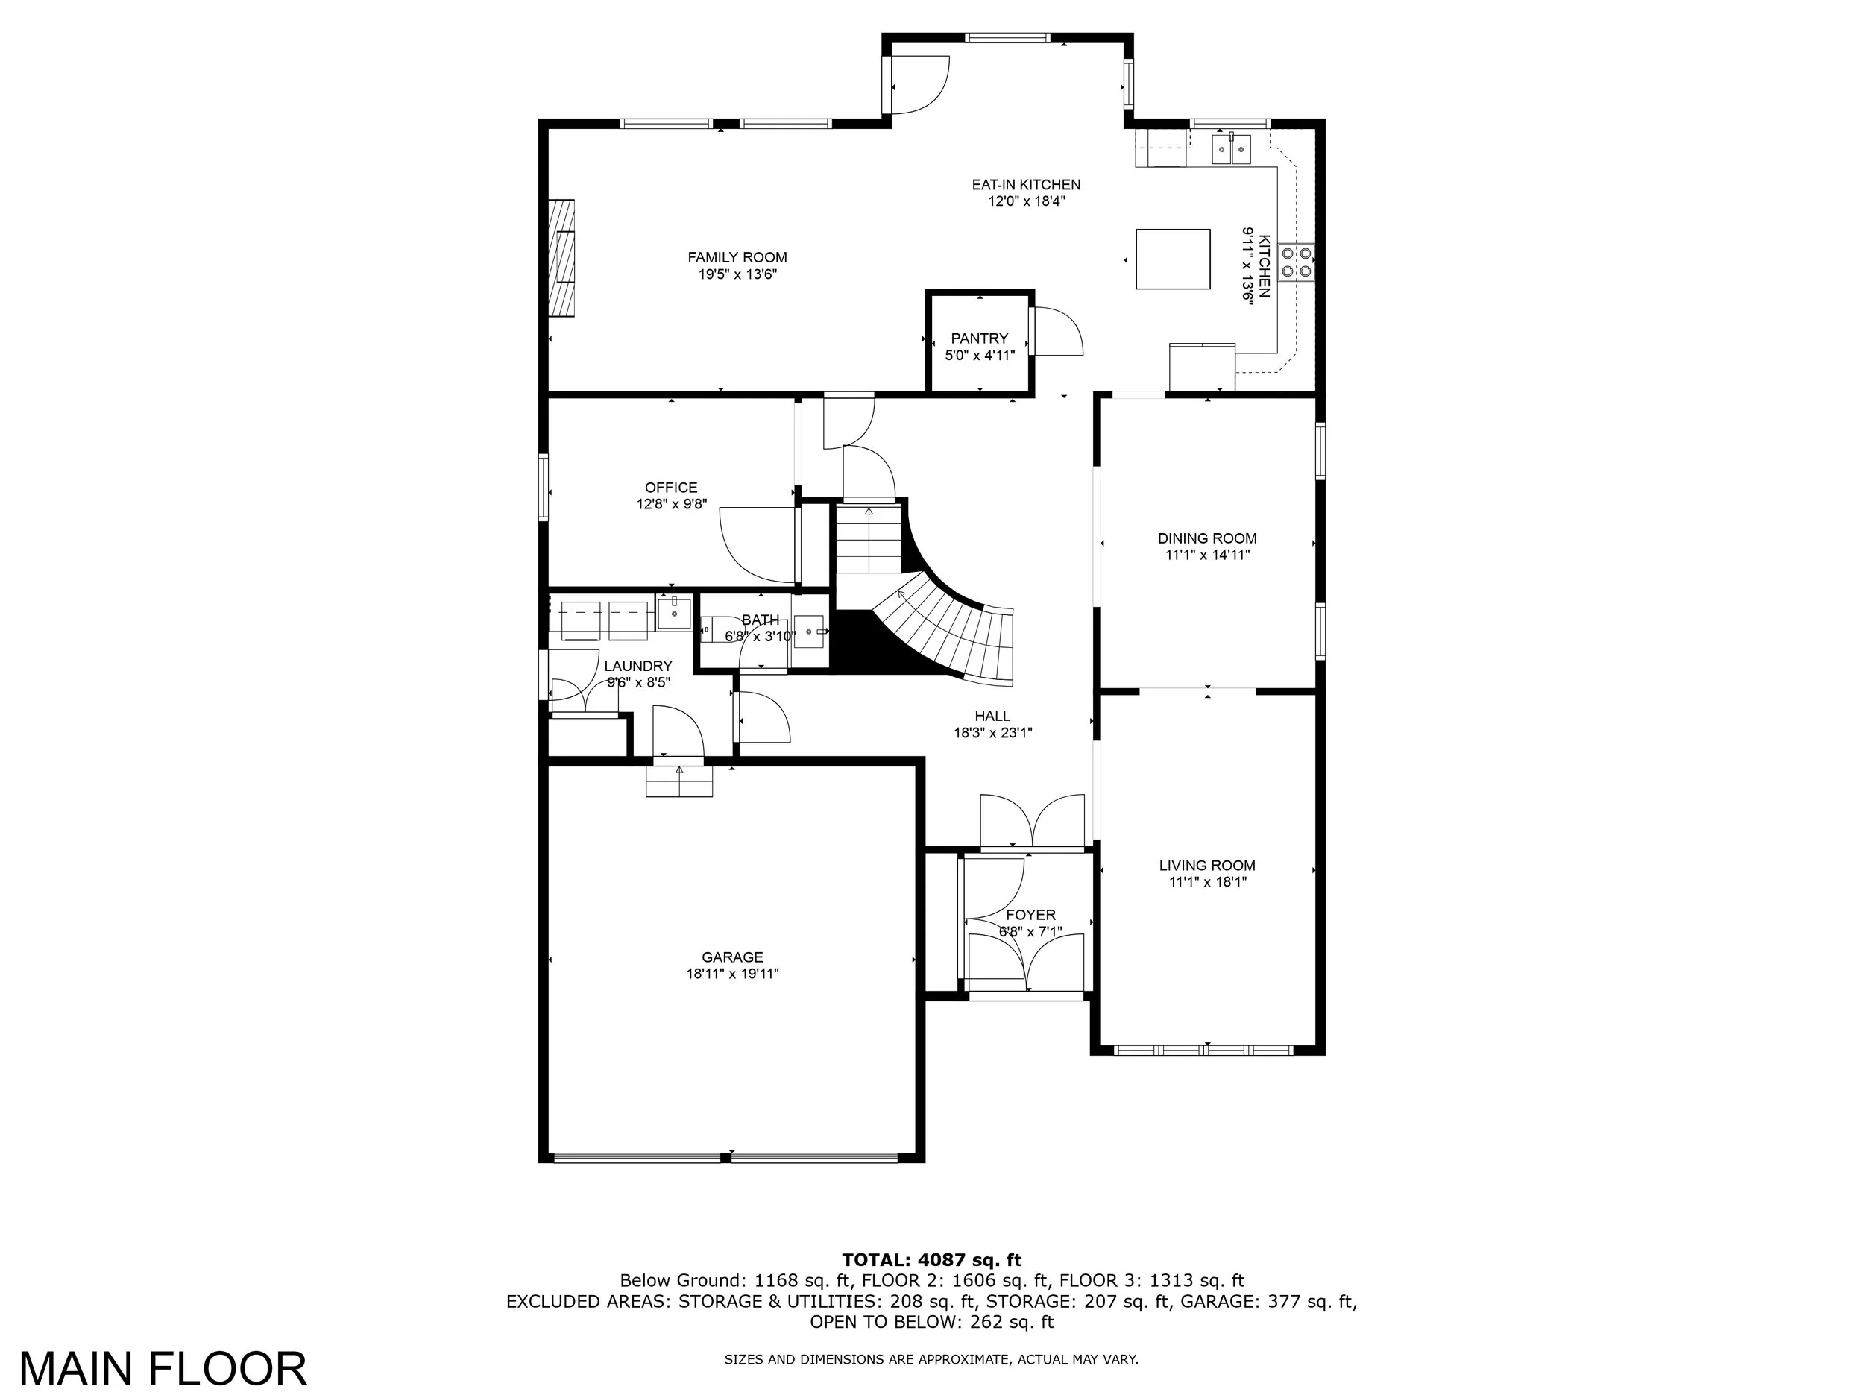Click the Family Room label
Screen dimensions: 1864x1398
tap(737, 258)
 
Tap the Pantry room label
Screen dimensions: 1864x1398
tap(979, 339)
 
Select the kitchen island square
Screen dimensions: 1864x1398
tap(1173, 259)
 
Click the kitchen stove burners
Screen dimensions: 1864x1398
tap(1296, 261)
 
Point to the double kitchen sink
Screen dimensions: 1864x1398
tap(1232, 149)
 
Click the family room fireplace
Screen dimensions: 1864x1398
tap(562, 258)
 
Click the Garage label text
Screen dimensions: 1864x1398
tap(732, 957)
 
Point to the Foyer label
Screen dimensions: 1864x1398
tap(1030, 915)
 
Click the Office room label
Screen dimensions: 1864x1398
tap(672, 488)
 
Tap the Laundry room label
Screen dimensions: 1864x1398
tap(639, 667)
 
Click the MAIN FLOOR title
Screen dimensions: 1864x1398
tap(163, 1370)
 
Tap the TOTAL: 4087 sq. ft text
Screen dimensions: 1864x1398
tap(932, 1260)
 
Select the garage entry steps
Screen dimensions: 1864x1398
tap(679, 781)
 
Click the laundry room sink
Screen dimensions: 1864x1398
tap(674, 613)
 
